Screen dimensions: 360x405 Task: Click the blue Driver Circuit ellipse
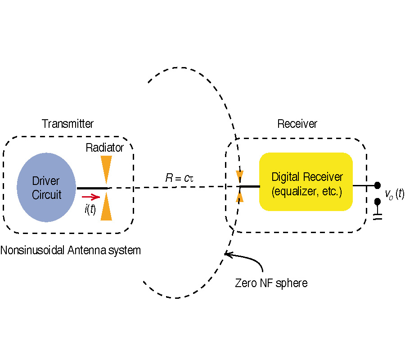[46, 188]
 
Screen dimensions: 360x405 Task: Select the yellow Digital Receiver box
[306, 182]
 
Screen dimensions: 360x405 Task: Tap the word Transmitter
[67, 124]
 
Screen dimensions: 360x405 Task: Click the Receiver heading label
[297, 124]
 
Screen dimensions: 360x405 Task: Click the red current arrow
[90, 197]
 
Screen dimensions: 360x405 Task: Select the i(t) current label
[90, 209]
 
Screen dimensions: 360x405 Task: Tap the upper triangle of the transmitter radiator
[106, 168]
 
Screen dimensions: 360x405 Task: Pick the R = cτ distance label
[179, 178]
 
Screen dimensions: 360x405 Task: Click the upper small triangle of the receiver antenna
[240, 176]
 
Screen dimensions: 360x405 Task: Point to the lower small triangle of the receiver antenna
[240, 196]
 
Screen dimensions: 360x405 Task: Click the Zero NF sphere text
[271, 283]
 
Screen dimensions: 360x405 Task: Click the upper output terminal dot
[378, 185]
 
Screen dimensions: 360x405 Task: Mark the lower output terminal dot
[378, 202]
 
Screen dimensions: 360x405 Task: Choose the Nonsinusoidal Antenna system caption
[71, 250]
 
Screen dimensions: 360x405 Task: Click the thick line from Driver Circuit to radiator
[92, 188]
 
